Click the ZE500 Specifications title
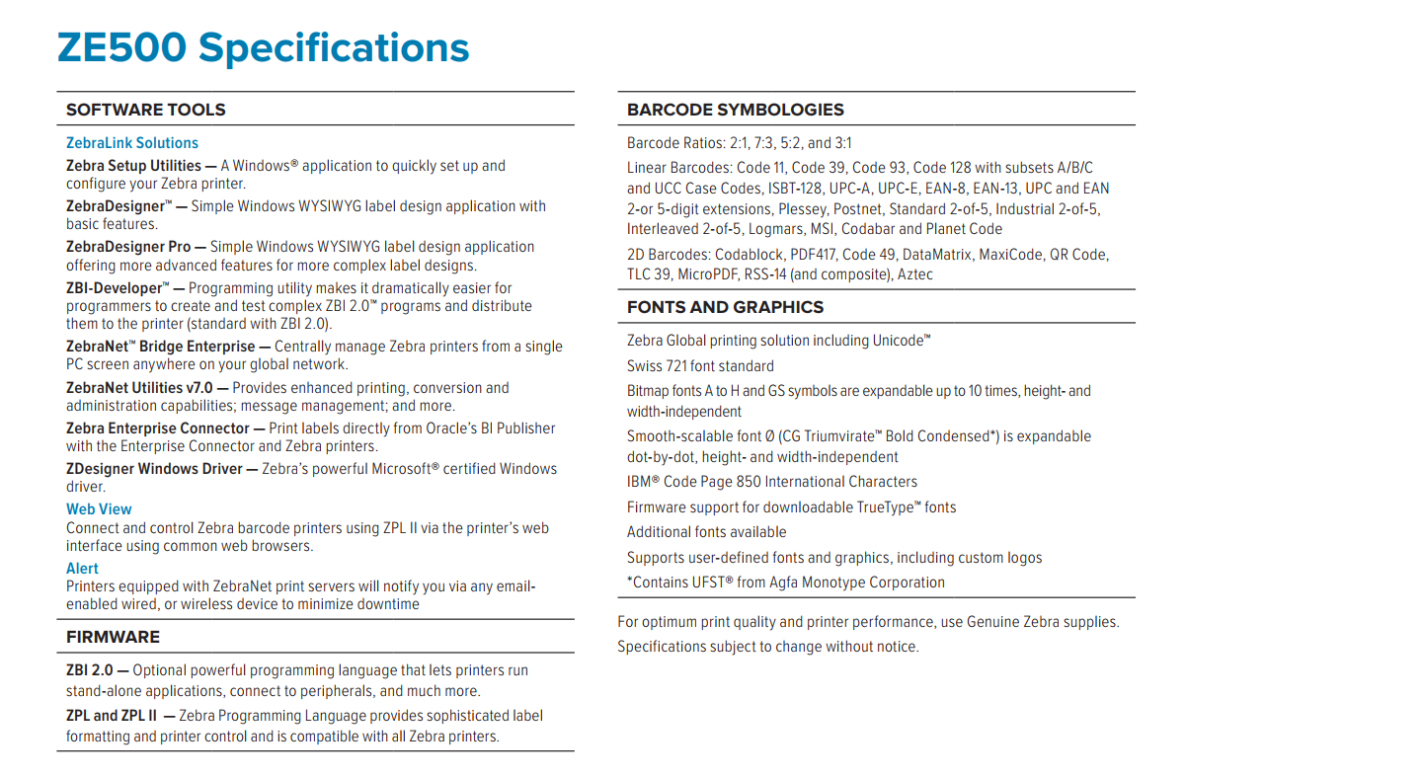263,48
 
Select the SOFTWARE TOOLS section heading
146,110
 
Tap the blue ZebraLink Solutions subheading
132,143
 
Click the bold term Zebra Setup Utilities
133,166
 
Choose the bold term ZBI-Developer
114,288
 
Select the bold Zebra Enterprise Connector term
158,428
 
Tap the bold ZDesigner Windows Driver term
154,469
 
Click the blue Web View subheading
99,509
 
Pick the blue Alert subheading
82,569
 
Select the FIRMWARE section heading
113,637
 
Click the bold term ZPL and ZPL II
112,716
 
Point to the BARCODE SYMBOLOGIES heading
736,110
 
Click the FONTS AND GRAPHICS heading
725,307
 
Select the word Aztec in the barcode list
914,274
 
